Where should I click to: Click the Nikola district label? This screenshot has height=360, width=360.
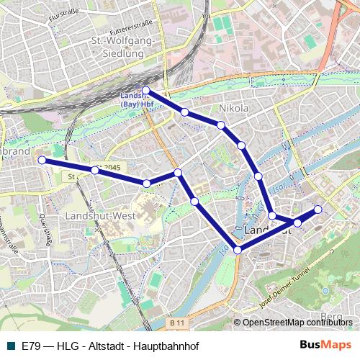[234, 108]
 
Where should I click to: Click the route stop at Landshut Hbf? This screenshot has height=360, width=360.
[145, 90]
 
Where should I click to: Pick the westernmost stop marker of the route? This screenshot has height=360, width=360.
[42, 160]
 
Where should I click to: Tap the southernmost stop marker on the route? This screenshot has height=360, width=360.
[238, 250]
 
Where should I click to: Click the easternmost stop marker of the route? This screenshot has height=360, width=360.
[318, 210]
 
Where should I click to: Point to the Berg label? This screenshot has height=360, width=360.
[332, 315]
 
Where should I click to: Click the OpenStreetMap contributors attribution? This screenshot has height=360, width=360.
[297, 323]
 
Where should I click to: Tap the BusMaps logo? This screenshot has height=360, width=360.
[325, 345]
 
